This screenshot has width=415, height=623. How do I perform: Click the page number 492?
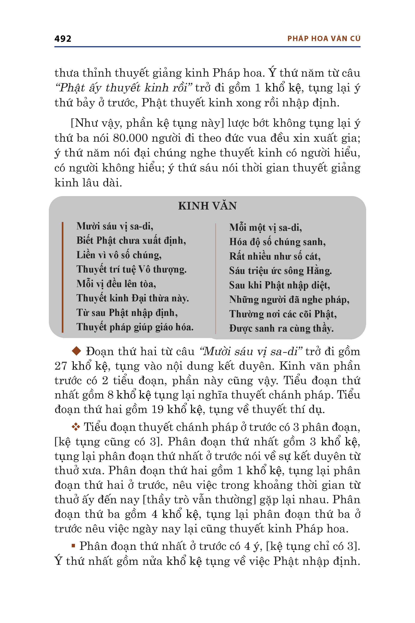pyautogui.click(x=63, y=39)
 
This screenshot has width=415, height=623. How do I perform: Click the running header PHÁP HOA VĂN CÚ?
pyautogui.click(x=324, y=39)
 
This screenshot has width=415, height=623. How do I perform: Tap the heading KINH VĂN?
pyautogui.click(x=207, y=206)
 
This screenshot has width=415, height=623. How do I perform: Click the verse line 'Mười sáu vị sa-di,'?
pyautogui.click(x=115, y=226)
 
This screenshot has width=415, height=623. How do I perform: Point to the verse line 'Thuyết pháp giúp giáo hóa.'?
pyautogui.click(x=135, y=327)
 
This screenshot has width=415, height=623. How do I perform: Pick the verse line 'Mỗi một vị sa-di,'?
pyautogui.click(x=265, y=228)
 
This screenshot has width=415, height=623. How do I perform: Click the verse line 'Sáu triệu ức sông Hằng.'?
pyautogui.click(x=280, y=271)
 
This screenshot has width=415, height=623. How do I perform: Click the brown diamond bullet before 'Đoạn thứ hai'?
pyautogui.click(x=77, y=351)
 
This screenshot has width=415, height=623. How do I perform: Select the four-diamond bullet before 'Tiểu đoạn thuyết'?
pyautogui.click(x=76, y=427)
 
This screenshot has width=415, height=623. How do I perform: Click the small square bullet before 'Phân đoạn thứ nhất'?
pyautogui.click(x=73, y=545)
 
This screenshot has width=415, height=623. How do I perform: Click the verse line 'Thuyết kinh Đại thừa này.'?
pyautogui.click(x=132, y=298)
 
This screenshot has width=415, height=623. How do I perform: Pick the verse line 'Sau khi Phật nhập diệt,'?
pyautogui.click(x=279, y=285)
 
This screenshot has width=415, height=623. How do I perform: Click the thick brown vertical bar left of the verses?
pyautogui.click(x=62, y=277)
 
